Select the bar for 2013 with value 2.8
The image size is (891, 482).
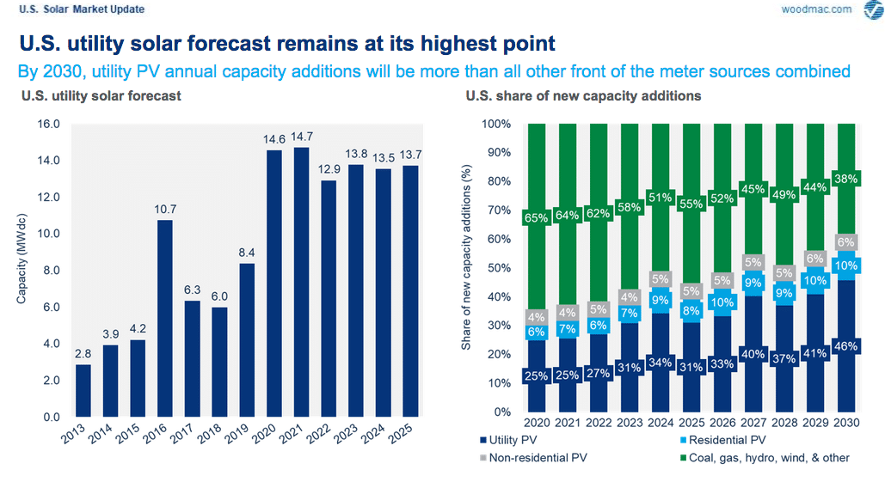[83, 390]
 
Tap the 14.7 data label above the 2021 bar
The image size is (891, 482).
[301, 137]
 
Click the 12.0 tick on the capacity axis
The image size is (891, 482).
[47, 197]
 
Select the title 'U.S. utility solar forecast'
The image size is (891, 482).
[101, 95]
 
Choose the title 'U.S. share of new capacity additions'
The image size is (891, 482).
[583, 95]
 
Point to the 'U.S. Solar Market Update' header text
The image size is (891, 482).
[82, 9]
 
